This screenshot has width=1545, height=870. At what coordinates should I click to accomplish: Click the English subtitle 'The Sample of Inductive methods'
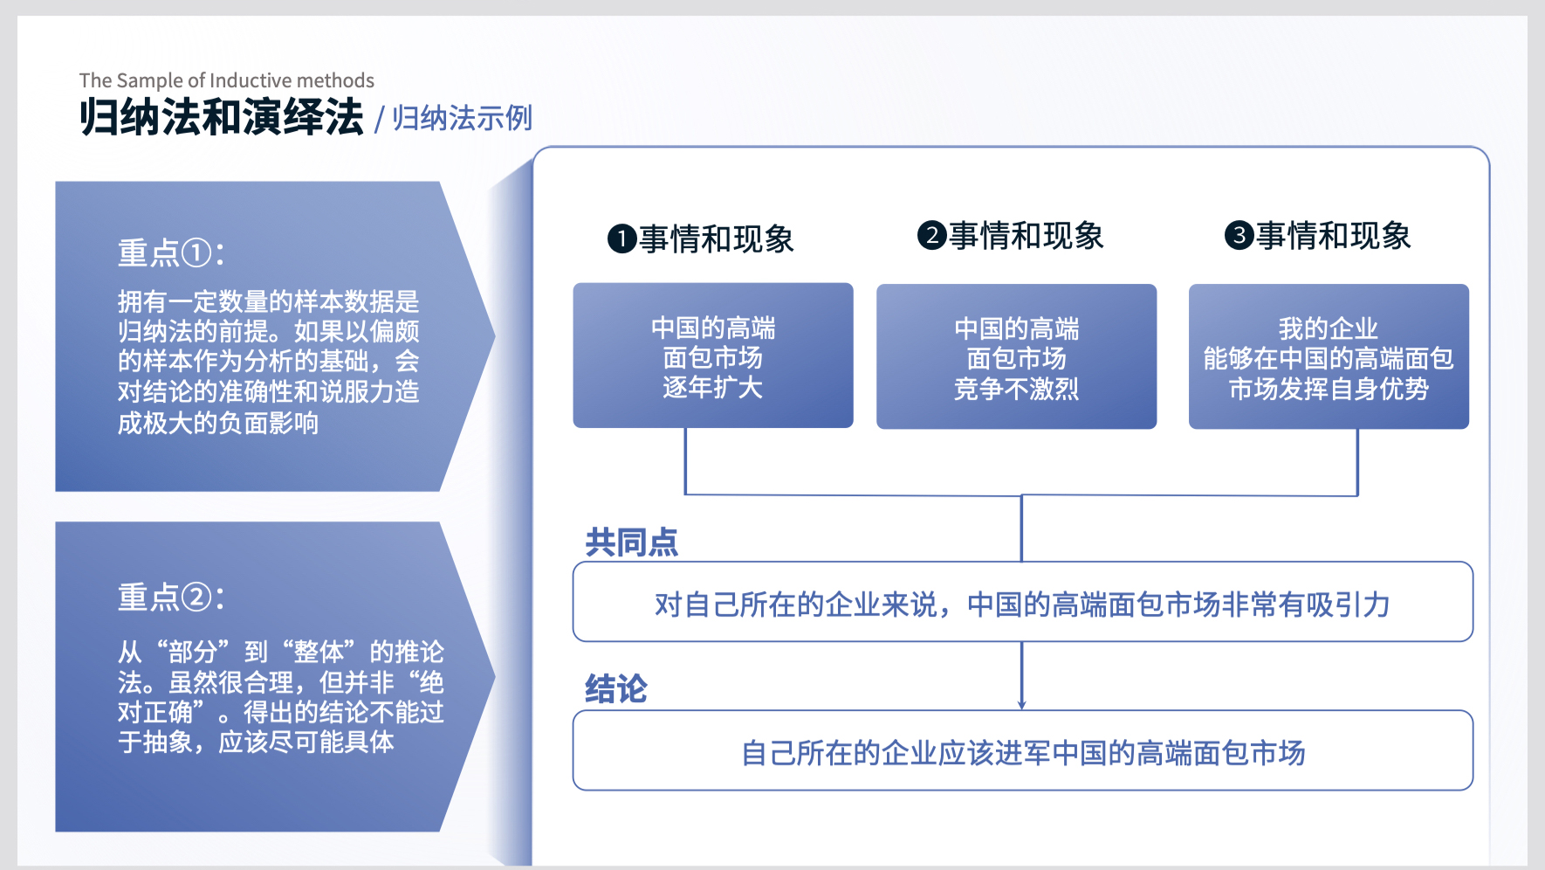click(x=227, y=80)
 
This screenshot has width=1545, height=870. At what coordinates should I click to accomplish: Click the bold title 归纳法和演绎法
click(x=222, y=117)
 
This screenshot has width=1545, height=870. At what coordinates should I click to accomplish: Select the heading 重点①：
click(x=172, y=253)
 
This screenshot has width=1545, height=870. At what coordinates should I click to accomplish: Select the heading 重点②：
click(x=172, y=597)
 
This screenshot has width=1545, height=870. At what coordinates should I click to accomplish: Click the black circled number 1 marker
click(x=621, y=238)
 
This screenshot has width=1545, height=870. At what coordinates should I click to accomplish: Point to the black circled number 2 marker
click(x=931, y=235)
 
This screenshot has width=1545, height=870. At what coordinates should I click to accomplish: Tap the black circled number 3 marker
click(x=1239, y=235)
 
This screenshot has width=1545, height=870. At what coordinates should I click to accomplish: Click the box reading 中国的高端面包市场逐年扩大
click(x=713, y=356)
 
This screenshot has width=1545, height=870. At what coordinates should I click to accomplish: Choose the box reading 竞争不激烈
click(x=1017, y=356)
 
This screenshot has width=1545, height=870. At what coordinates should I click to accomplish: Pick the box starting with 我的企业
click(x=1329, y=356)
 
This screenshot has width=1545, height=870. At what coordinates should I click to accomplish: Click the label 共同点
click(x=631, y=542)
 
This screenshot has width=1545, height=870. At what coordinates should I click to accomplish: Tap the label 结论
click(x=616, y=689)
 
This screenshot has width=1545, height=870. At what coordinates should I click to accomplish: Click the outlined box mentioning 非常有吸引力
click(x=1023, y=602)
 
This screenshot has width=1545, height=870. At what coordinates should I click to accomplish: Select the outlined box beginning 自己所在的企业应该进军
click(x=1023, y=750)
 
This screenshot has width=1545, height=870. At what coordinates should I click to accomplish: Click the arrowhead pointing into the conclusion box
click(x=1021, y=705)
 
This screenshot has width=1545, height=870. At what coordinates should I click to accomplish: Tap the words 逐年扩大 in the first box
click(x=713, y=387)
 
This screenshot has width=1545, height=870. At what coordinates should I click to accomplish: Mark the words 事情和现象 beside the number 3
click(x=1334, y=236)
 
